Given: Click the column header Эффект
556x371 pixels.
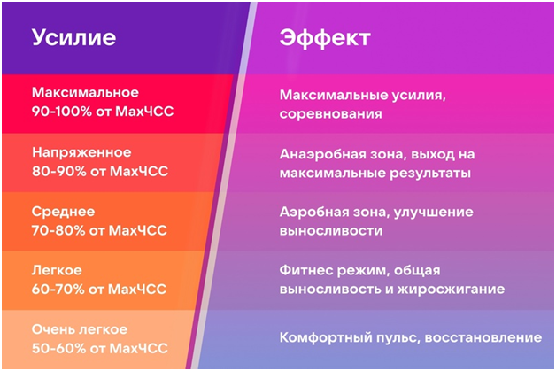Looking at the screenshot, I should click(324, 38).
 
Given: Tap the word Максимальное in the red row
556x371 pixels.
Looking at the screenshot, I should click(85, 92).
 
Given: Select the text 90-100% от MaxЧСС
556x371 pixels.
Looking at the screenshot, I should click(98, 112).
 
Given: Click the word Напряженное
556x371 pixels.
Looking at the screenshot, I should click(81, 151).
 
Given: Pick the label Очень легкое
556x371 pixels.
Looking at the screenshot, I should click(80, 329).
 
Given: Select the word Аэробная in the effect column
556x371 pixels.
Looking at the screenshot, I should click(313, 212).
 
